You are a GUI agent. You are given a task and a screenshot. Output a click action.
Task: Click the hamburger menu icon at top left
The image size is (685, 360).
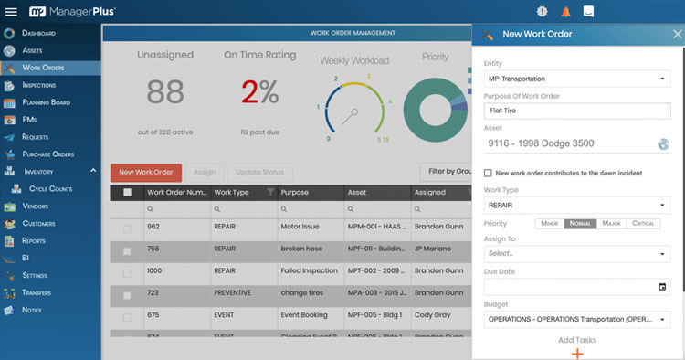[11, 12]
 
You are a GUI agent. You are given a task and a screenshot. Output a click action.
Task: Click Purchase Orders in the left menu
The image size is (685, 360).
[47, 154]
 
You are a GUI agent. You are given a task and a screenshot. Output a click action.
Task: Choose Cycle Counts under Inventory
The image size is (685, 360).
[50, 189]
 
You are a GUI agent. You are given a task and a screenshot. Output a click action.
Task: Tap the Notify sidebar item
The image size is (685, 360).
[32, 310]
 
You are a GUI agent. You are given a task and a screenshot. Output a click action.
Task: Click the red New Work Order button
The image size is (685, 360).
[146, 172]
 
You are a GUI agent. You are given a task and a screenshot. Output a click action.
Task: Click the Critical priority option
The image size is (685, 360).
[644, 223]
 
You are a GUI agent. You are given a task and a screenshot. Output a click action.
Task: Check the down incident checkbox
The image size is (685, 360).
[489, 173]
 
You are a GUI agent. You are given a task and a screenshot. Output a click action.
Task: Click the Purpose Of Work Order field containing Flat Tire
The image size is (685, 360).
[576, 111]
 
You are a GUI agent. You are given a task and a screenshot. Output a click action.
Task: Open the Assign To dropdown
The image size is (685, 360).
[576, 253]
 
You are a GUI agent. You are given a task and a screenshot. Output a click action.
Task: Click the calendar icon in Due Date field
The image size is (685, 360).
[662, 287]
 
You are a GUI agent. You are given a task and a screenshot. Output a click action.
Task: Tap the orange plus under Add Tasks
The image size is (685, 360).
[576, 354]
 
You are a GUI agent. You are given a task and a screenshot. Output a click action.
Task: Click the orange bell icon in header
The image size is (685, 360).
[566, 12]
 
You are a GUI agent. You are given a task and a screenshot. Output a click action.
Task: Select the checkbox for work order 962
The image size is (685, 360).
[127, 227]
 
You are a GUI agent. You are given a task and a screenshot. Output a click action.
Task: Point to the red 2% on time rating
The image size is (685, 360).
[259, 92]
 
